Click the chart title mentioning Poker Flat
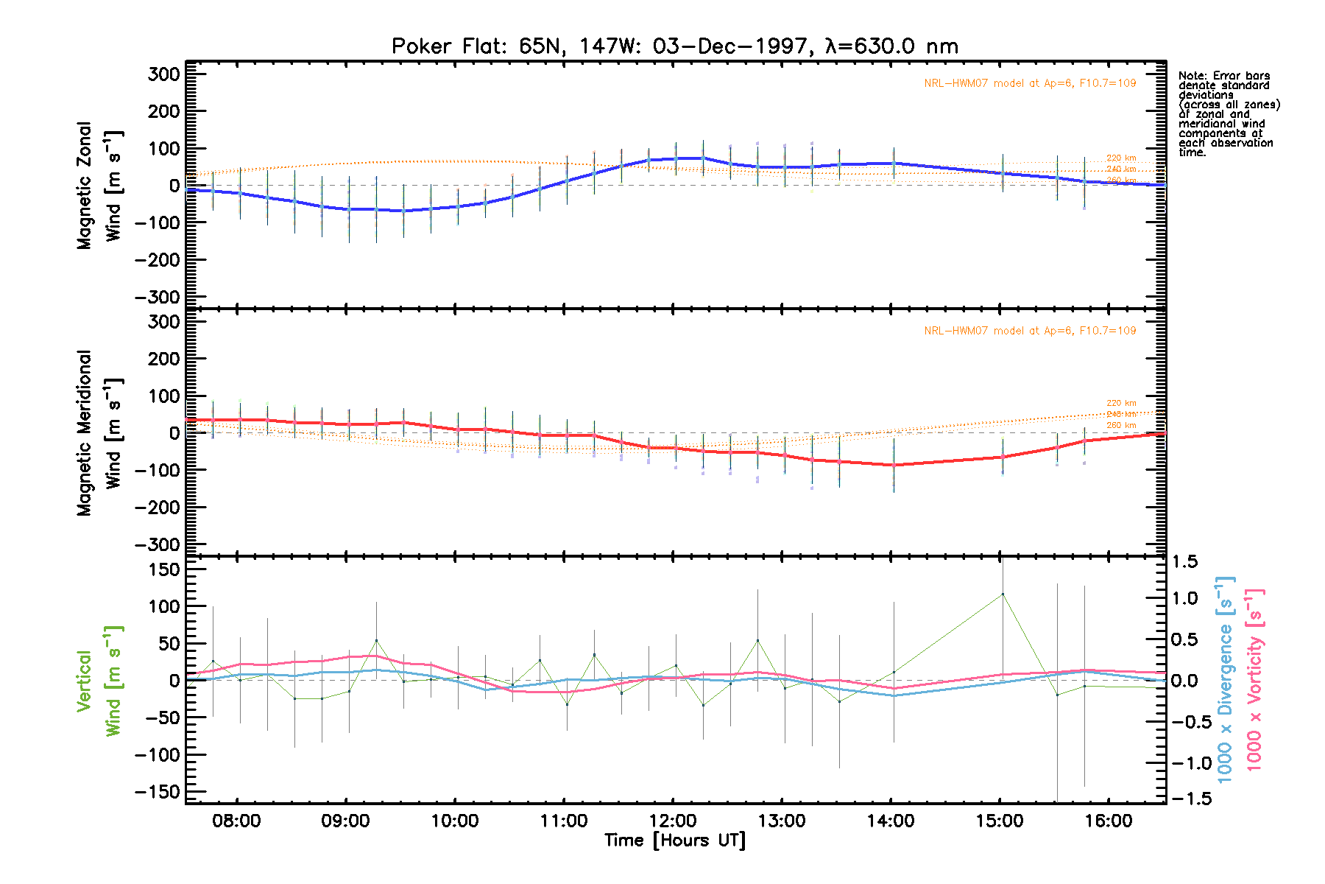click(674, 46)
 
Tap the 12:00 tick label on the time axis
click(673, 821)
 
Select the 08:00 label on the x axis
click(236, 821)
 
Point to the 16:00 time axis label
click(1109, 821)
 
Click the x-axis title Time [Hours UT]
click(674, 841)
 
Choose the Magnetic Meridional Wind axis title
click(99, 433)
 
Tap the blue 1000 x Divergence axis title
click(1225, 679)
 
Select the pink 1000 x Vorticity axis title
click(1254, 679)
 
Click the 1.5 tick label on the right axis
click(1184, 562)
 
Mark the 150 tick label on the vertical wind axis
click(158, 569)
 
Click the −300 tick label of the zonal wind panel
click(157, 297)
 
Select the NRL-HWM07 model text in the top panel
click(1030, 83)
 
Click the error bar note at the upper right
click(1228, 114)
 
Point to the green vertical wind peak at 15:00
click(1002, 594)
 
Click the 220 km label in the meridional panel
click(1120, 403)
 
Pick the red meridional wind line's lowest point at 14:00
click(894, 465)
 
